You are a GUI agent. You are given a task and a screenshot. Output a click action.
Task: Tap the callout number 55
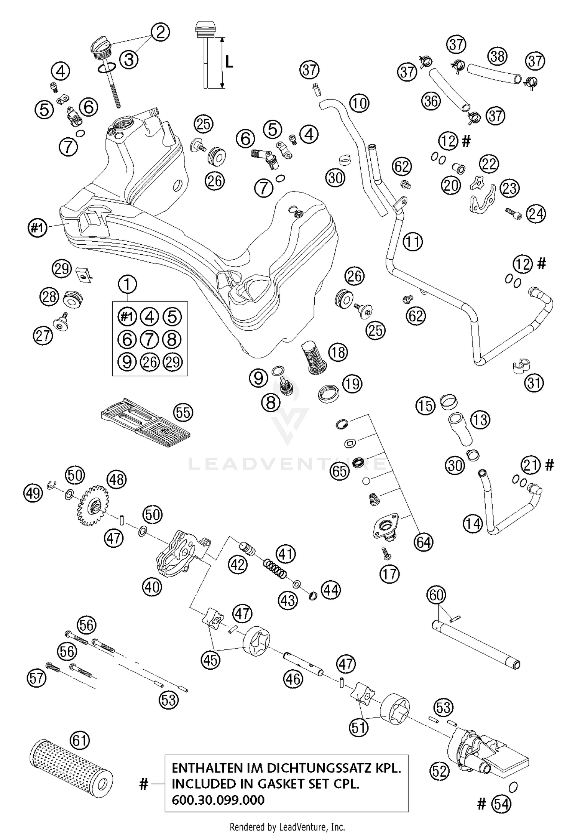[183, 413]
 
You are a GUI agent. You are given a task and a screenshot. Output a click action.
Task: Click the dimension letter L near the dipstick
[229, 61]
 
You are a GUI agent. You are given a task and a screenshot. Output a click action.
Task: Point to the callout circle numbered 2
[160, 32]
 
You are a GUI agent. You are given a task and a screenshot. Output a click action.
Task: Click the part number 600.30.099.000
[218, 800]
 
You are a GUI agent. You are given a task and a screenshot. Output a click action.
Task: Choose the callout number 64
[423, 542]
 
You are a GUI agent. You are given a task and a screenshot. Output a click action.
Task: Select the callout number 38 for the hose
[497, 56]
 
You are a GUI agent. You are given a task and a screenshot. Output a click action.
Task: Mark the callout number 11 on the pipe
[413, 242]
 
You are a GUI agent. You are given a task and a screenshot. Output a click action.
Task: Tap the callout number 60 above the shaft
[437, 595]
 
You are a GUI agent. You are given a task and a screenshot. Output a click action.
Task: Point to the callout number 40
[152, 586]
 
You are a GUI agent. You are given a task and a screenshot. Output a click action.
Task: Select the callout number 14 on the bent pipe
[473, 523]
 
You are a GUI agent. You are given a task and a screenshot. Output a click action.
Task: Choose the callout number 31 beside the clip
[534, 383]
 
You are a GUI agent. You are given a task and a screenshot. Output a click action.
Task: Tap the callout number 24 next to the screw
[536, 214]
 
